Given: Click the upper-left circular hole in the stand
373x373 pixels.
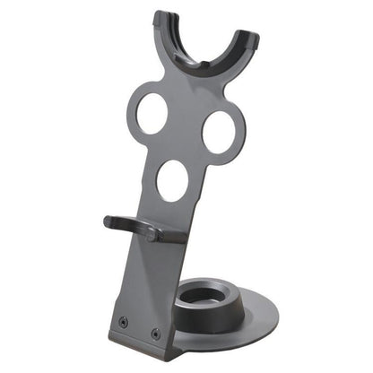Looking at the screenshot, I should click(x=152, y=114).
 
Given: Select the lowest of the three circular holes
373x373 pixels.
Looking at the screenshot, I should click(x=172, y=180).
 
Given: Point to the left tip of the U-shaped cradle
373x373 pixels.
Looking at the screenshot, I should click(x=162, y=18).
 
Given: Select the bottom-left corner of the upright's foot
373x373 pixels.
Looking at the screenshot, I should click(x=111, y=334).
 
